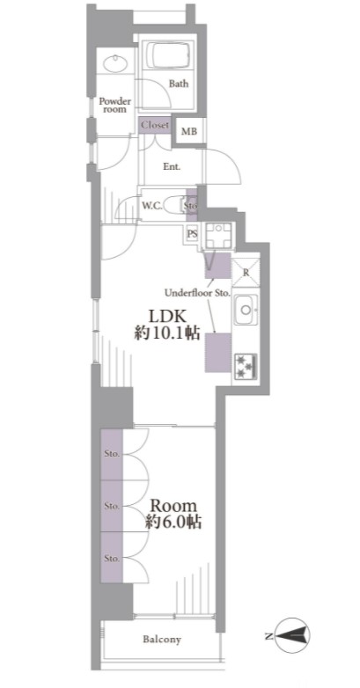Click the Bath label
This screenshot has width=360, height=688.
click(x=179, y=83)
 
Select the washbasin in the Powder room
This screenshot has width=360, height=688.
click(x=115, y=64)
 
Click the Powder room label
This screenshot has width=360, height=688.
click(x=114, y=105)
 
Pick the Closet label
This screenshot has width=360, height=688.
click(x=155, y=125)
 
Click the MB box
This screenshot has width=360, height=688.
click(x=189, y=131)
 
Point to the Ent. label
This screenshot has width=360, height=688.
click(x=173, y=167)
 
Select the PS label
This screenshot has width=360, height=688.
click(x=192, y=233)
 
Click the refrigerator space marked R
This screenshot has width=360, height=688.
click(x=246, y=273)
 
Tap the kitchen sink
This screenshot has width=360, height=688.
click(x=246, y=310)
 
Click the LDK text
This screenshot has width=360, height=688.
click(x=167, y=316)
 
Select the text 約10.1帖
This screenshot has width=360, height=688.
click(x=167, y=334)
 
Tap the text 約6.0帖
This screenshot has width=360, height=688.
click(x=173, y=522)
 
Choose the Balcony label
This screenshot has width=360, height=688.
click(x=162, y=640)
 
